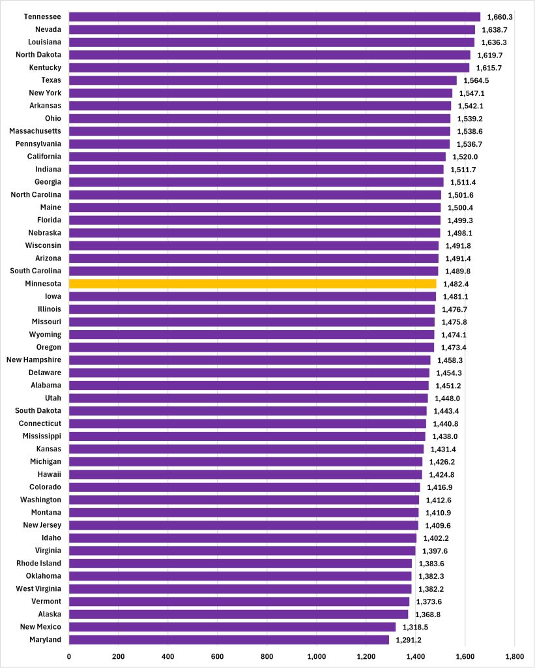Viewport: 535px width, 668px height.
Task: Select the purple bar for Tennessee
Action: [274, 17]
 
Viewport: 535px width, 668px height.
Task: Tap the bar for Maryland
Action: [228, 639]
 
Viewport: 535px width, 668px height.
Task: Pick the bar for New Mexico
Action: [232, 627]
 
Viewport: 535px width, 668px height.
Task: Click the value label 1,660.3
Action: [502, 17]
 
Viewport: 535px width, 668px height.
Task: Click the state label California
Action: [44, 157]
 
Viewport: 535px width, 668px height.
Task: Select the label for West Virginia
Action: [39, 588]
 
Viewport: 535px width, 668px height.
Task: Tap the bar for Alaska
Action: [238, 614]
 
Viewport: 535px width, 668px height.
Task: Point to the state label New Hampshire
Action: [34, 360]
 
